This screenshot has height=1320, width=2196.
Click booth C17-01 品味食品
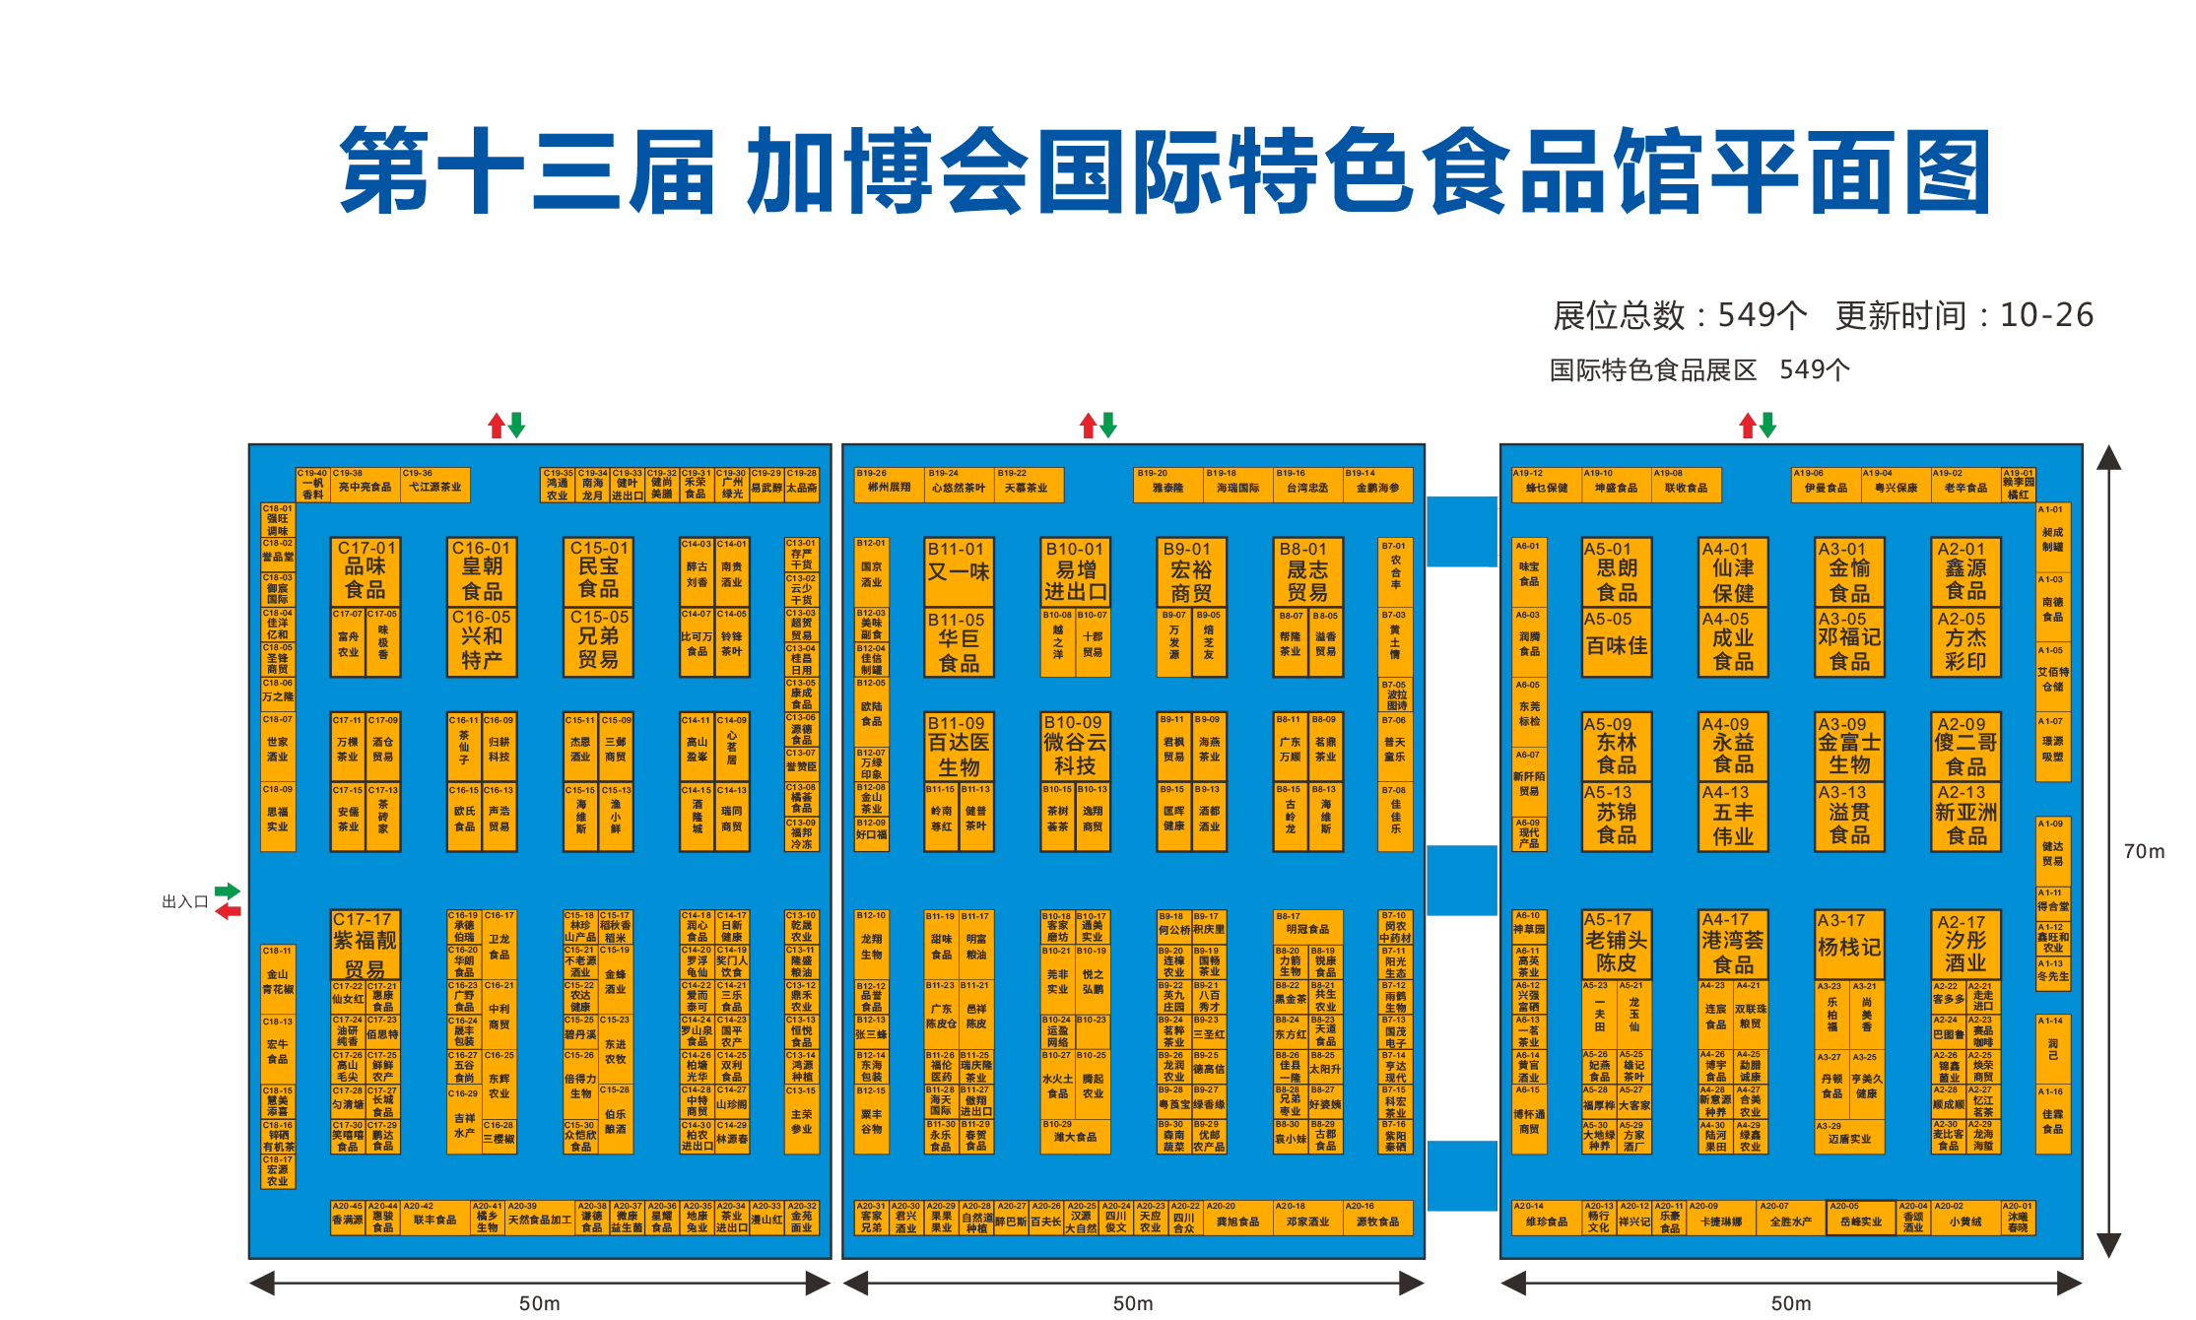point(365,571)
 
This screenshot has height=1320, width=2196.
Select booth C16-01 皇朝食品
point(482,571)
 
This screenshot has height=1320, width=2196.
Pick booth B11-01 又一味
point(959,571)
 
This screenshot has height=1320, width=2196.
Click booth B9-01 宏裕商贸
point(1191,571)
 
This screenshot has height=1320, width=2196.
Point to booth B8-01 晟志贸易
point(1307,571)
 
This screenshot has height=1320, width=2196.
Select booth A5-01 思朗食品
point(1617,571)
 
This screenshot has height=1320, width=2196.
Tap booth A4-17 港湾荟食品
point(1733,944)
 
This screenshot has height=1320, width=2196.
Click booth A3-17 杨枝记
point(1849,944)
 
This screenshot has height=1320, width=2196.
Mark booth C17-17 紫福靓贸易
point(365,944)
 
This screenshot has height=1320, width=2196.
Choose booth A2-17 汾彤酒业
point(1965,944)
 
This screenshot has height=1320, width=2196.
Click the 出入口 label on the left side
point(184,902)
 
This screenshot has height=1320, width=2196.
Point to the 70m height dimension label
point(2144,852)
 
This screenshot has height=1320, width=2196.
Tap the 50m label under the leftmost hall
point(539,1303)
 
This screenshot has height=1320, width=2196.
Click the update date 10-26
point(2046,315)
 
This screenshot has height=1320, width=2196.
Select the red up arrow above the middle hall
point(1088,426)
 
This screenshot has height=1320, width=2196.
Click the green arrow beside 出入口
point(228,891)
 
